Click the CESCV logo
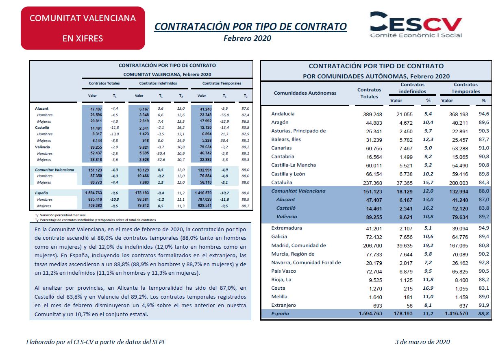point(416,25)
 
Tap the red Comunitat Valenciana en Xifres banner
point(83,28)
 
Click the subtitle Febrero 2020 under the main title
point(247,39)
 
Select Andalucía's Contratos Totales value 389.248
point(372,115)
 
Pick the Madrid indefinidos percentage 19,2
point(428,245)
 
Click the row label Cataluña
point(282,182)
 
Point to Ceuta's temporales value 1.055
point(461,289)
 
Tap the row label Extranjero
point(283,305)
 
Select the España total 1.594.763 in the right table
point(370,314)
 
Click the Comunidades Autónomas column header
point(305,93)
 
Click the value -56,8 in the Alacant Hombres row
point(224,115)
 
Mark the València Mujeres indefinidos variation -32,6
point(161,160)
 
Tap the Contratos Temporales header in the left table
point(222,83)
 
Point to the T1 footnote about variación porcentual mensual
point(60,215)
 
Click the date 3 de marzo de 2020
point(422,342)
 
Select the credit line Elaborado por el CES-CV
point(96,342)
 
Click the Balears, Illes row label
point(286,140)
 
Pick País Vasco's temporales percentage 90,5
point(484,271)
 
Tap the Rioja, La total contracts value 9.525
point(375,280)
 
